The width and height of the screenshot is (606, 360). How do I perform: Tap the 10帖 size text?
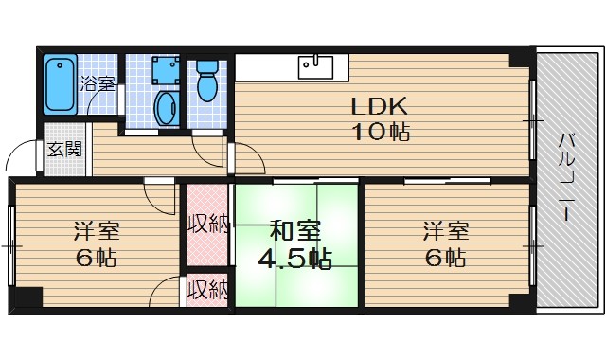coord(383,132)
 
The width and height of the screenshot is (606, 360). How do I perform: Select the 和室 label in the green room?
coord(295,230)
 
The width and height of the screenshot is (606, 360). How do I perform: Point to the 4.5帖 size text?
coord(295,258)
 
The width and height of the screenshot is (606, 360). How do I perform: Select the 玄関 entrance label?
coord(64,149)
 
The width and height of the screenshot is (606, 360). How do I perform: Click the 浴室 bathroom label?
coord(98,82)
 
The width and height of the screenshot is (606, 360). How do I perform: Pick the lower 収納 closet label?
coord(207,289)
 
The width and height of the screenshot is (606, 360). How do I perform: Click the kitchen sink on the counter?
coord(315,66)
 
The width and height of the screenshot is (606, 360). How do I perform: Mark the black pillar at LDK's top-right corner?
coord(519,60)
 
